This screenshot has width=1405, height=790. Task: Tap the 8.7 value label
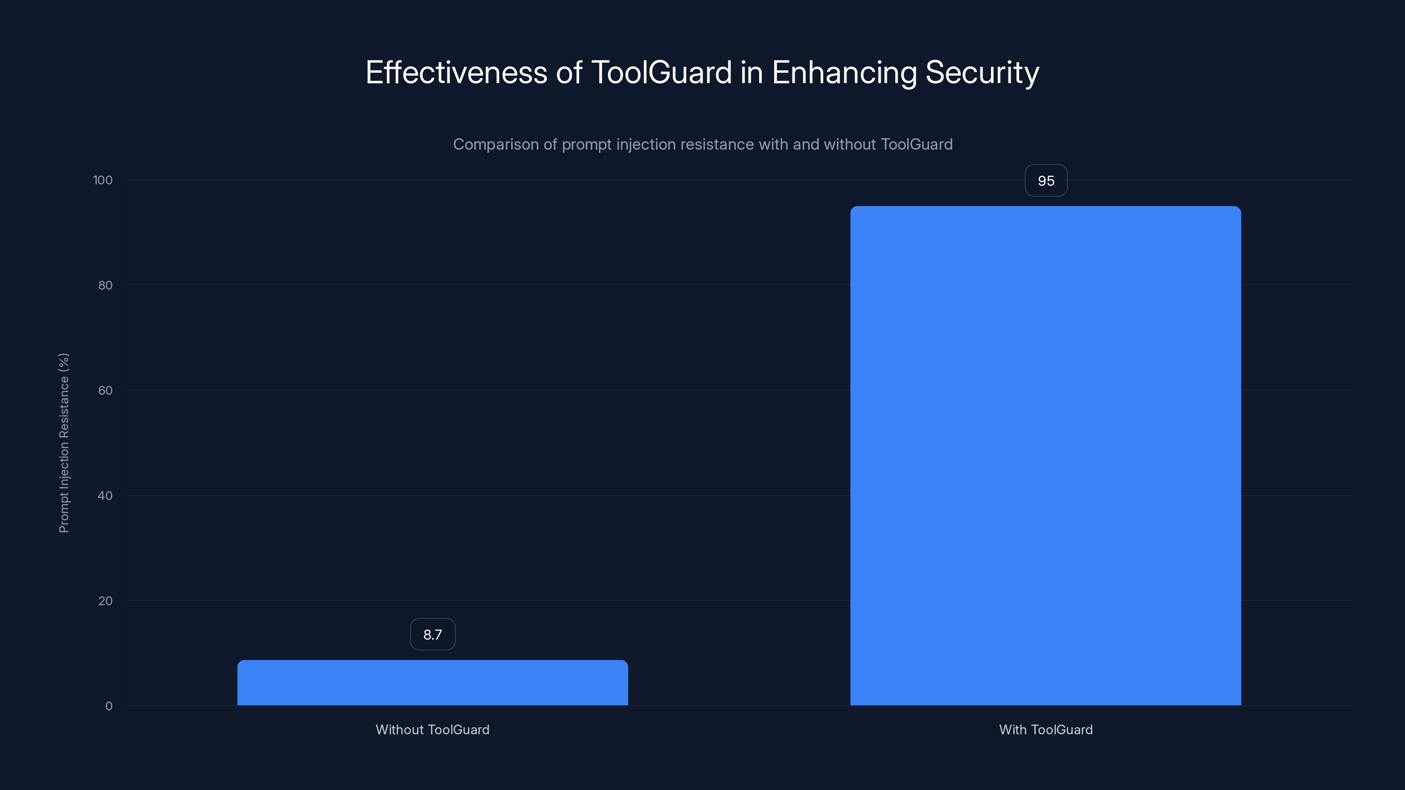tap(432, 635)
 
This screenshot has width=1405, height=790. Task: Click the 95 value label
tap(1045, 180)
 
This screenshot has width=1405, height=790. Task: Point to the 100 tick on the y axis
tap(103, 180)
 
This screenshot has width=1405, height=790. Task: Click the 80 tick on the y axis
tap(105, 286)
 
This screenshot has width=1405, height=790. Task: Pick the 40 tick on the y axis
tap(105, 496)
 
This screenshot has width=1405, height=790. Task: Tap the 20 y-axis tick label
tap(105, 601)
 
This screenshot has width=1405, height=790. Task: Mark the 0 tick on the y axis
tap(108, 707)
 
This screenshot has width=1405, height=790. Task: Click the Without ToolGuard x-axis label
tap(432, 730)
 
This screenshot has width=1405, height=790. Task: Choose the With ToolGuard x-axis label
tap(1045, 730)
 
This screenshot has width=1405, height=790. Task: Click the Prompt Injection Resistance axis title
tap(64, 443)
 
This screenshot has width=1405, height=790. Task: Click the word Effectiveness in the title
tap(456, 72)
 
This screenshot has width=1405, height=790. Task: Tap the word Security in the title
tap(982, 72)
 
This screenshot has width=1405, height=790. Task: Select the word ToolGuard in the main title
tap(662, 72)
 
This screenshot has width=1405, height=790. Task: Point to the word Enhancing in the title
tap(844, 72)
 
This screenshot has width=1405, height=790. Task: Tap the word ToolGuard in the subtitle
tap(916, 144)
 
